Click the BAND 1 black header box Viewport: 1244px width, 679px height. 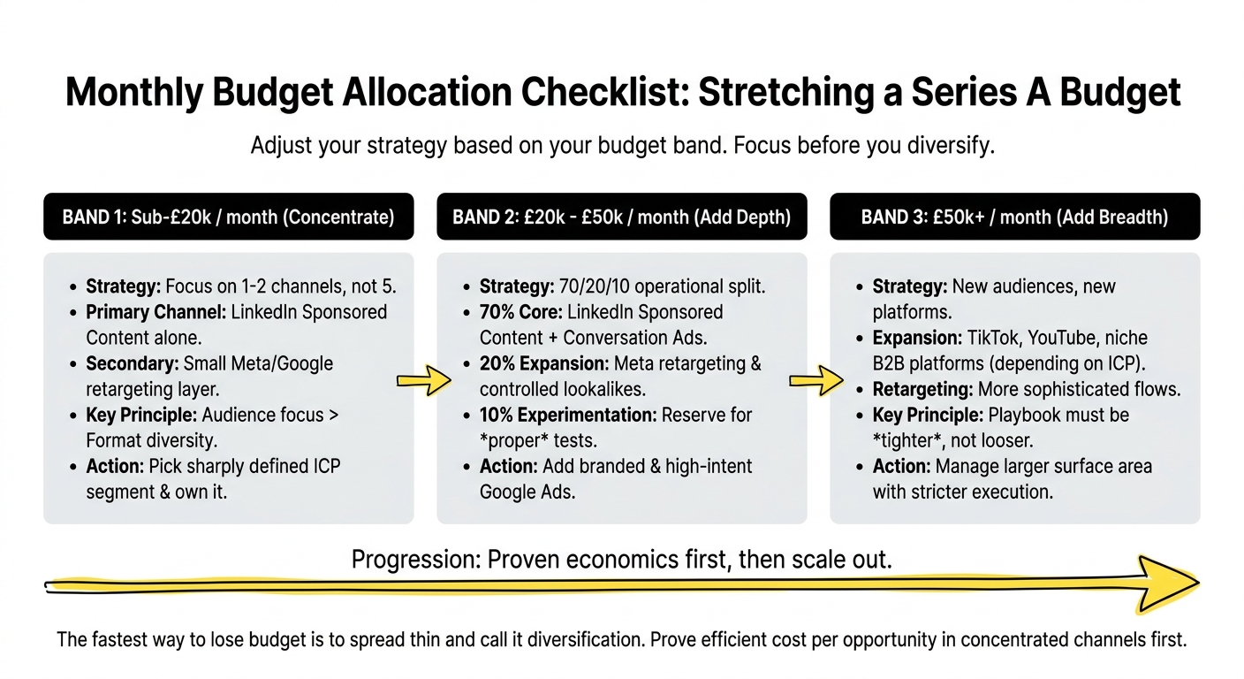tap(228, 217)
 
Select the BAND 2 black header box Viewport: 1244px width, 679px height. tap(621, 217)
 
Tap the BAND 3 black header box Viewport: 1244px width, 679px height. tap(1014, 217)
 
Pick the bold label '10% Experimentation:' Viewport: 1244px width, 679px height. tap(566, 415)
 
